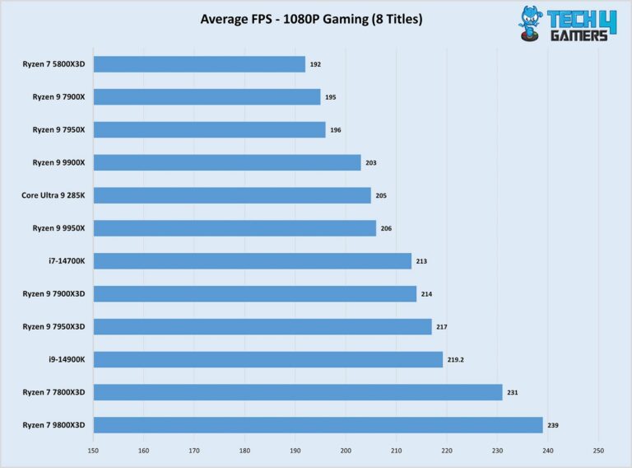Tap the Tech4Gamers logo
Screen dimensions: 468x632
click(567, 24)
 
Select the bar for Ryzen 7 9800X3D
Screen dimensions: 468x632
click(318, 425)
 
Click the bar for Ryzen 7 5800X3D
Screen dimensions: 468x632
click(199, 64)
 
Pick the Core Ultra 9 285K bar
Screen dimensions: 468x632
click(232, 195)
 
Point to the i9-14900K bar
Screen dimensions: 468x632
click(268, 359)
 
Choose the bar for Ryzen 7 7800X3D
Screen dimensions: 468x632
click(298, 392)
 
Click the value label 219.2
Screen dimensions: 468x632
click(456, 360)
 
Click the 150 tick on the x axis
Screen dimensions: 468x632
click(93, 451)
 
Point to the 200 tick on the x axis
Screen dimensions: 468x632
click(346, 451)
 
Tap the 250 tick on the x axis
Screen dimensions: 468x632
click(598, 451)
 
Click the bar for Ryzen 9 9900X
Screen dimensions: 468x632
click(227, 162)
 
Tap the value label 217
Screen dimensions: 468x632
click(442, 327)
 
